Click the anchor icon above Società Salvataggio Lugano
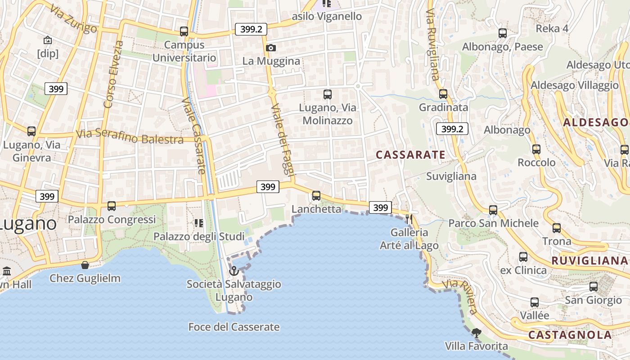point(234,271)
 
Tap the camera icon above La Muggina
point(271,48)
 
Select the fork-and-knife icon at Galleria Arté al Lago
point(409,219)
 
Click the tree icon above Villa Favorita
point(476,333)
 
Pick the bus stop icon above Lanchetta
point(316,196)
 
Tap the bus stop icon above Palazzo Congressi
point(112,206)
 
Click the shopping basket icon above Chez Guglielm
point(85,265)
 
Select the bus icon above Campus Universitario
point(184,31)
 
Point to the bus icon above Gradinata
point(443,94)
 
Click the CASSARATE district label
point(410,155)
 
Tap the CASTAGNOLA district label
point(570,335)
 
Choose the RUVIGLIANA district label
point(589,261)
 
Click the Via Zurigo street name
point(73,19)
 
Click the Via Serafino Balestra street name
point(130,136)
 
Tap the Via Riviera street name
point(459,297)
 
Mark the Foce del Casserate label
point(234,327)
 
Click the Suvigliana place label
point(451,176)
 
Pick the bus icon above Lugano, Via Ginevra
point(31,131)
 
